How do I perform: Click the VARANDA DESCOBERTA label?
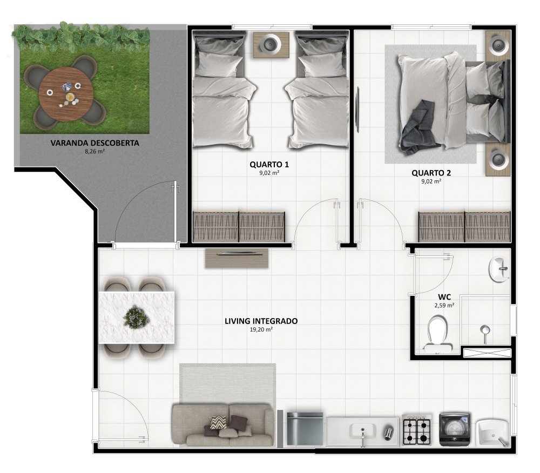click(94, 143)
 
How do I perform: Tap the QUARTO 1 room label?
click(269, 165)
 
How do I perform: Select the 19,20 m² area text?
click(261, 329)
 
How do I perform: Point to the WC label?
click(444, 297)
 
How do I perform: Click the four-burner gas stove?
click(417, 430)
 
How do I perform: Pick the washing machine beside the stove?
click(455, 429)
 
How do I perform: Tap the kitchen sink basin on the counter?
click(362, 431)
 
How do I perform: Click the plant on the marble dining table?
click(136, 317)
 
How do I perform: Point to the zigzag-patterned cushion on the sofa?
click(218, 422)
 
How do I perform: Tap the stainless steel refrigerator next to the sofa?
click(305, 429)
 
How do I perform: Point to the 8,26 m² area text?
click(94, 151)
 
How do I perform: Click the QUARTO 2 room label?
click(431, 173)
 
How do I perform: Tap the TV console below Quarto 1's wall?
click(237, 258)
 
